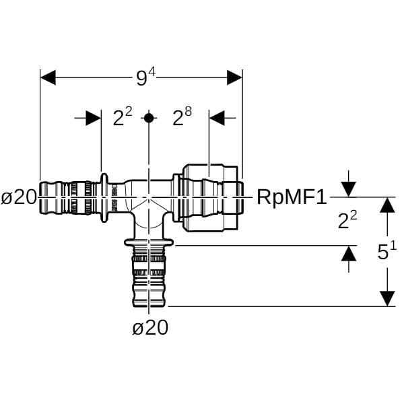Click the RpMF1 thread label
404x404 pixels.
(292, 197)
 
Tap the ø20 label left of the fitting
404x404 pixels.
(19, 197)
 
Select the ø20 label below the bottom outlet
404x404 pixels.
(149, 328)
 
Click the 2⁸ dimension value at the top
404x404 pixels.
(182, 118)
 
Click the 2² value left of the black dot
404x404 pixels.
(123, 118)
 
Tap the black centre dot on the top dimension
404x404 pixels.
(149, 118)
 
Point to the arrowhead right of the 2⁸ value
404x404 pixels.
(217, 118)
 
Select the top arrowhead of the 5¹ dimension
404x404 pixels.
(386, 205)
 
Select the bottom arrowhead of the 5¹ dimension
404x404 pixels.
(386, 298)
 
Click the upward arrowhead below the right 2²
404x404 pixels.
(348, 254)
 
